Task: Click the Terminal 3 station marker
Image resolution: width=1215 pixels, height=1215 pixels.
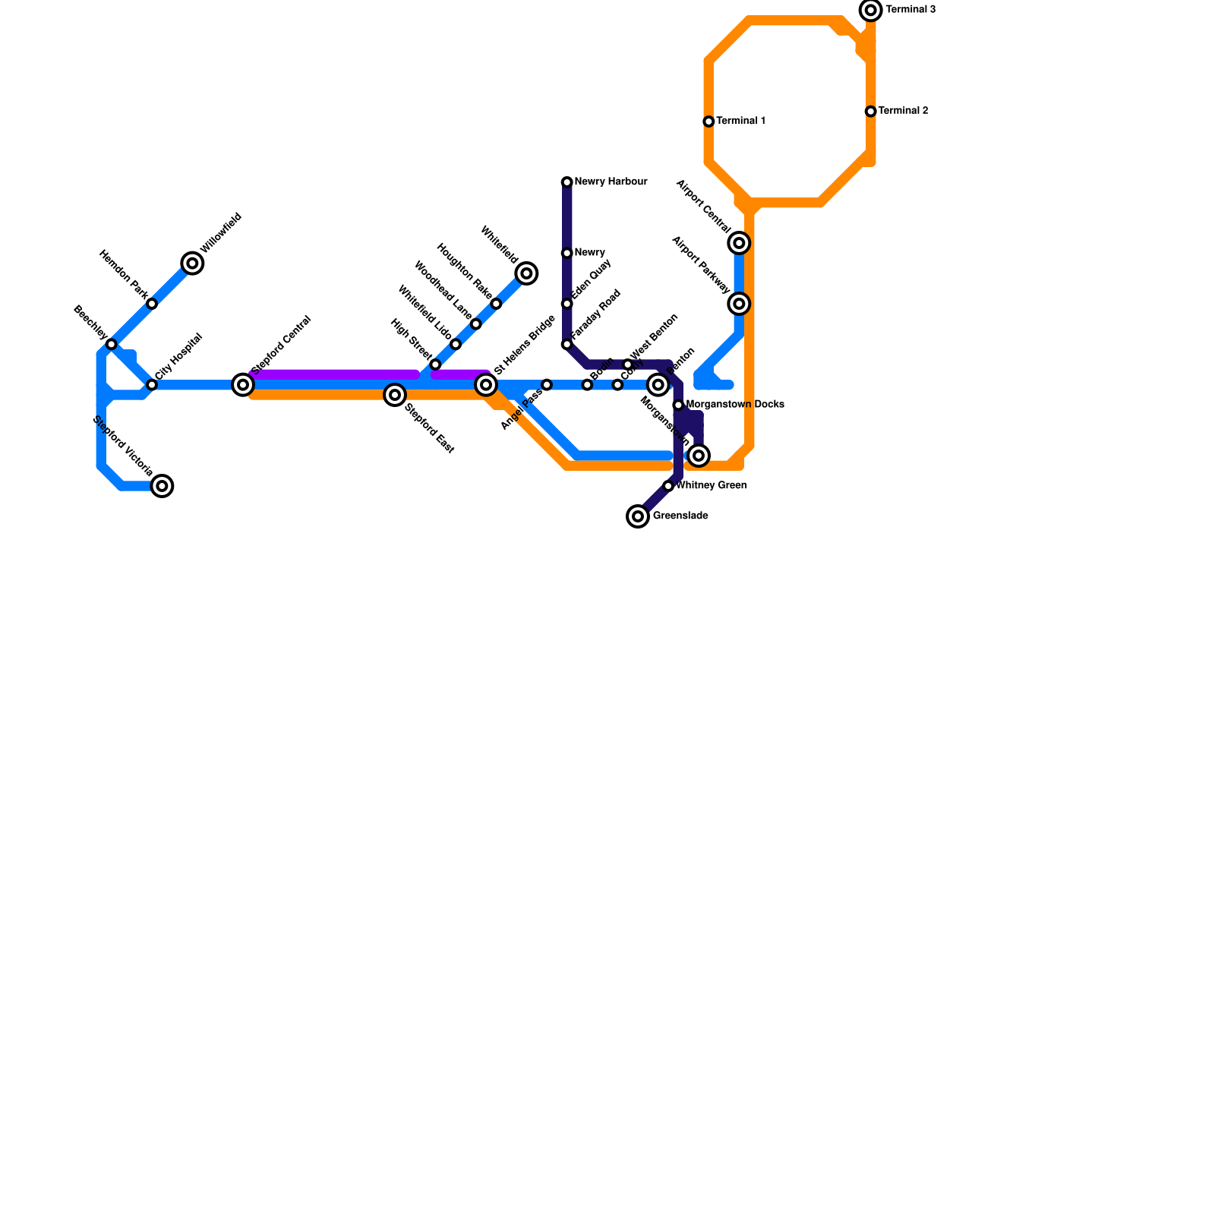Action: click(871, 10)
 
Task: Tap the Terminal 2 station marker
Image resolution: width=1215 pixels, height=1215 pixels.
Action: click(871, 112)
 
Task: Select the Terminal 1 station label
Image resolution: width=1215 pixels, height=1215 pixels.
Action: click(740, 121)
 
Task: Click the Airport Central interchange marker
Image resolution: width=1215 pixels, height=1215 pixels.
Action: click(739, 243)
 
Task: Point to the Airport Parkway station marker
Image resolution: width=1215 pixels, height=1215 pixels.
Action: click(739, 304)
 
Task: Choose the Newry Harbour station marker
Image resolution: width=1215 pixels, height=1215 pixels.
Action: click(567, 182)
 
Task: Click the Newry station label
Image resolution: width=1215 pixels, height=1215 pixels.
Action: click(590, 253)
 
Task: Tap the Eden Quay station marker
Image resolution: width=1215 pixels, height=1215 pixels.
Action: click(567, 304)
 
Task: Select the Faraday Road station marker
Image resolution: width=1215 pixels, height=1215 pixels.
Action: click(567, 345)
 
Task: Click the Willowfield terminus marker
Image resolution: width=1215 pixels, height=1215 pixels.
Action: click(193, 264)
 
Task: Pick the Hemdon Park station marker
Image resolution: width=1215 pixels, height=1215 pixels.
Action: click(152, 304)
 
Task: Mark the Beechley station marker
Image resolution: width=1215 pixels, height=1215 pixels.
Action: click(112, 345)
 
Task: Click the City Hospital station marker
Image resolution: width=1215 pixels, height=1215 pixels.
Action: click(152, 385)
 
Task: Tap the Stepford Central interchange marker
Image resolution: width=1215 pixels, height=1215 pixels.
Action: click(243, 385)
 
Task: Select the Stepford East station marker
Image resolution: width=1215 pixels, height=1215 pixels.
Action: click(394, 395)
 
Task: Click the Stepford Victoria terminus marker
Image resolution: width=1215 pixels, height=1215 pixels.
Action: click(162, 486)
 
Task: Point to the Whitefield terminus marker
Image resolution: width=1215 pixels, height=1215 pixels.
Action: click(526, 273)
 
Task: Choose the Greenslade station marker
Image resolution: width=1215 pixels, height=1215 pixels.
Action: click(638, 516)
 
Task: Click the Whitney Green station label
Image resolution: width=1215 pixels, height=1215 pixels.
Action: click(712, 486)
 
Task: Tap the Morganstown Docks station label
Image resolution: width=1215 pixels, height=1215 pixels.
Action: click(735, 405)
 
